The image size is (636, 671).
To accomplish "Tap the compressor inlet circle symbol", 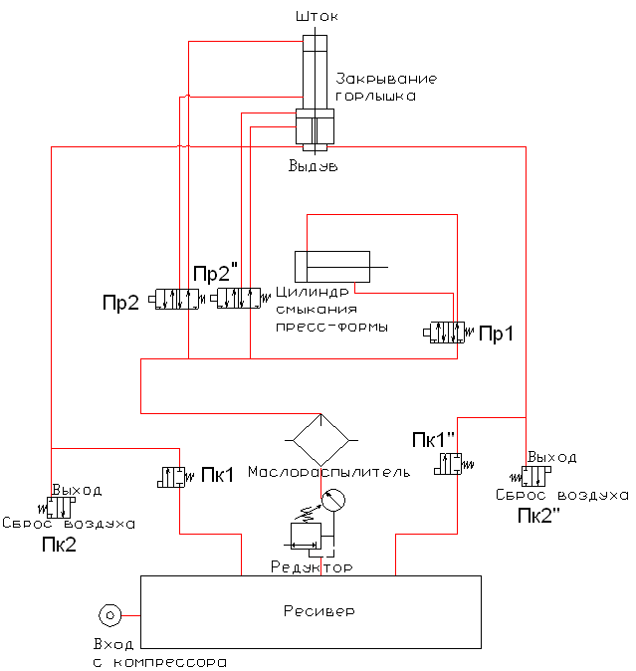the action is (109, 615).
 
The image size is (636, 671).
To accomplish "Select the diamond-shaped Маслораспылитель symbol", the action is (321, 440).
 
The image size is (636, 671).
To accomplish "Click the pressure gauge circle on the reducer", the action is (333, 500).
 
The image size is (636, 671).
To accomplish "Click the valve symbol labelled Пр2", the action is (176, 299).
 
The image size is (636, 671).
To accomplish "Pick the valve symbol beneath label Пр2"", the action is (240, 298).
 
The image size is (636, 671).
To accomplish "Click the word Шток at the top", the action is (317, 17).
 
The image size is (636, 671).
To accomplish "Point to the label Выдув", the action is (314, 165).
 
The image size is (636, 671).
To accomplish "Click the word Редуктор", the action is (312, 567).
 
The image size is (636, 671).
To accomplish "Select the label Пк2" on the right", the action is (538, 516).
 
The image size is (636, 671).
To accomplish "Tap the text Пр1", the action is (496, 334).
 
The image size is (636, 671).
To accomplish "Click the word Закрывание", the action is (386, 79).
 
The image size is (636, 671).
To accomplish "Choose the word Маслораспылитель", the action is (328, 472).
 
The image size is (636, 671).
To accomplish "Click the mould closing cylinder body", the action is (332, 267).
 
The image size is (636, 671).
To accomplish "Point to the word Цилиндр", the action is (313, 292).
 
